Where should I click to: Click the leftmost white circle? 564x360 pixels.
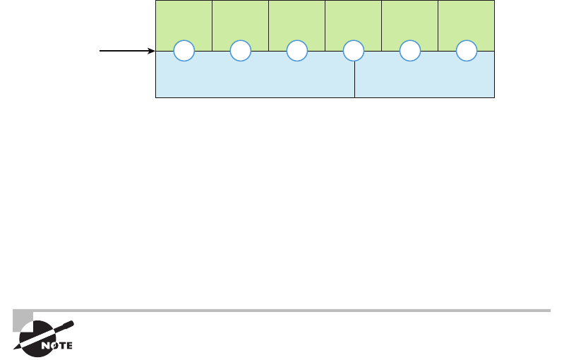184,51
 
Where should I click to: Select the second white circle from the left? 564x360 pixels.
240,51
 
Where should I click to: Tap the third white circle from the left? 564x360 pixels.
296,51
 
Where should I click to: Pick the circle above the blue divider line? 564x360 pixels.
353,51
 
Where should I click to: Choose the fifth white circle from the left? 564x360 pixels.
409,51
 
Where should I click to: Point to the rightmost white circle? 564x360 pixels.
466,51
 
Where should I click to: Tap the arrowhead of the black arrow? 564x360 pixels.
152,51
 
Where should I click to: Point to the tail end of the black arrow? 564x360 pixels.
101,51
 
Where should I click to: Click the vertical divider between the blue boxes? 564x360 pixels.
354,81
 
